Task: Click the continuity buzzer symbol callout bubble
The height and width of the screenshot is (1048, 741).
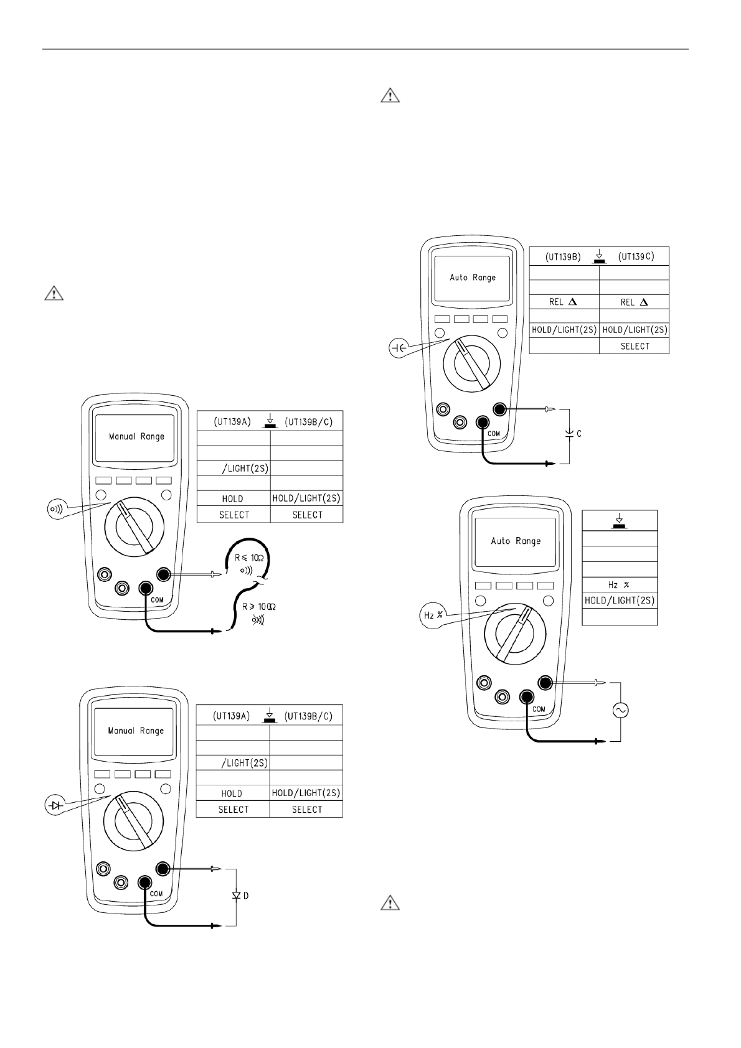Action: pyautogui.click(x=56, y=509)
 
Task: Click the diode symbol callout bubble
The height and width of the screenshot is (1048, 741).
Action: pyautogui.click(x=56, y=805)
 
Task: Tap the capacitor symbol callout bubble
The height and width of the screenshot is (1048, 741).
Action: pyautogui.click(x=398, y=349)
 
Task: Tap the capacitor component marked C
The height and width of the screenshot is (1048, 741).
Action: pyautogui.click(x=570, y=433)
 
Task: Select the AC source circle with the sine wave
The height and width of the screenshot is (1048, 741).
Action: pyautogui.click(x=620, y=710)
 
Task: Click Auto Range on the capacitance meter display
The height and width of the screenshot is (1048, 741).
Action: pyautogui.click(x=473, y=278)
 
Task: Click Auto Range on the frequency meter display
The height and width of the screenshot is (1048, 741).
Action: pyautogui.click(x=516, y=541)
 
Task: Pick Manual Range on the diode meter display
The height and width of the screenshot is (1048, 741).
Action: pyautogui.click(x=136, y=731)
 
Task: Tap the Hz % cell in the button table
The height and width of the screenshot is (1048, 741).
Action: pyautogui.click(x=620, y=585)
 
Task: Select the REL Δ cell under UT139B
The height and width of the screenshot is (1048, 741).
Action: pyautogui.click(x=564, y=301)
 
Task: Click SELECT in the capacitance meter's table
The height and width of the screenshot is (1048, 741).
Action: pyautogui.click(x=635, y=346)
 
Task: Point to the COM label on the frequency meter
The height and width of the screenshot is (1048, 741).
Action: pyautogui.click(x=539, y=709)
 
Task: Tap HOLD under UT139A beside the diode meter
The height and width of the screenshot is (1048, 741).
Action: pyautogui.click(x=232, y=793)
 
